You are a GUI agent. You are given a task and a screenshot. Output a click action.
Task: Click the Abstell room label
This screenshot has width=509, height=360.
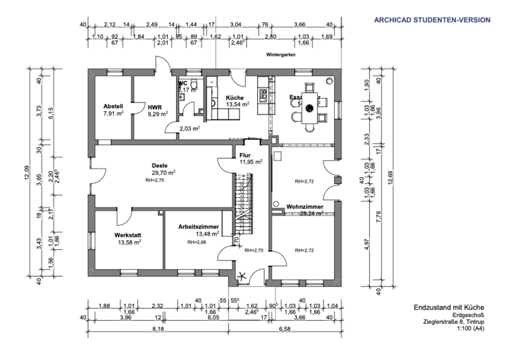113,106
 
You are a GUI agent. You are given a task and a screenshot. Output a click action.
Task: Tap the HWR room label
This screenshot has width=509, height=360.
154,106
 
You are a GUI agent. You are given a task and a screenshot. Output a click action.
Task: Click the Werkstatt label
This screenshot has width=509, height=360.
127,235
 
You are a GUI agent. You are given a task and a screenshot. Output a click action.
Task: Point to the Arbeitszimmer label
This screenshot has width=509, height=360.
199,226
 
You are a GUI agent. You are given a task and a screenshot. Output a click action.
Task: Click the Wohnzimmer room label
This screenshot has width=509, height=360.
305,206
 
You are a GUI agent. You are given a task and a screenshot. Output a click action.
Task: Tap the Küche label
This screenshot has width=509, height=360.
234,98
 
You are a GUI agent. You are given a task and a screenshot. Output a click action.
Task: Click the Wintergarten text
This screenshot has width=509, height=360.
281,55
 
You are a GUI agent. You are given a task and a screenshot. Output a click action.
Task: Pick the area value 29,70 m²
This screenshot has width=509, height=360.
164,172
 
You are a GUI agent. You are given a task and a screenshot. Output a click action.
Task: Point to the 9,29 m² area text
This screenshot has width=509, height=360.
157,113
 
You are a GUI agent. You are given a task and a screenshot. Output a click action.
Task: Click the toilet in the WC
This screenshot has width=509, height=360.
196,85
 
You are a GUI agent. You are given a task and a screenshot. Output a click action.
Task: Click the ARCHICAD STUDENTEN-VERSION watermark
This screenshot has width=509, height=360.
432,20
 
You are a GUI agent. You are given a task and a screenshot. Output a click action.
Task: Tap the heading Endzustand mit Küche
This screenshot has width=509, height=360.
449,308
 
